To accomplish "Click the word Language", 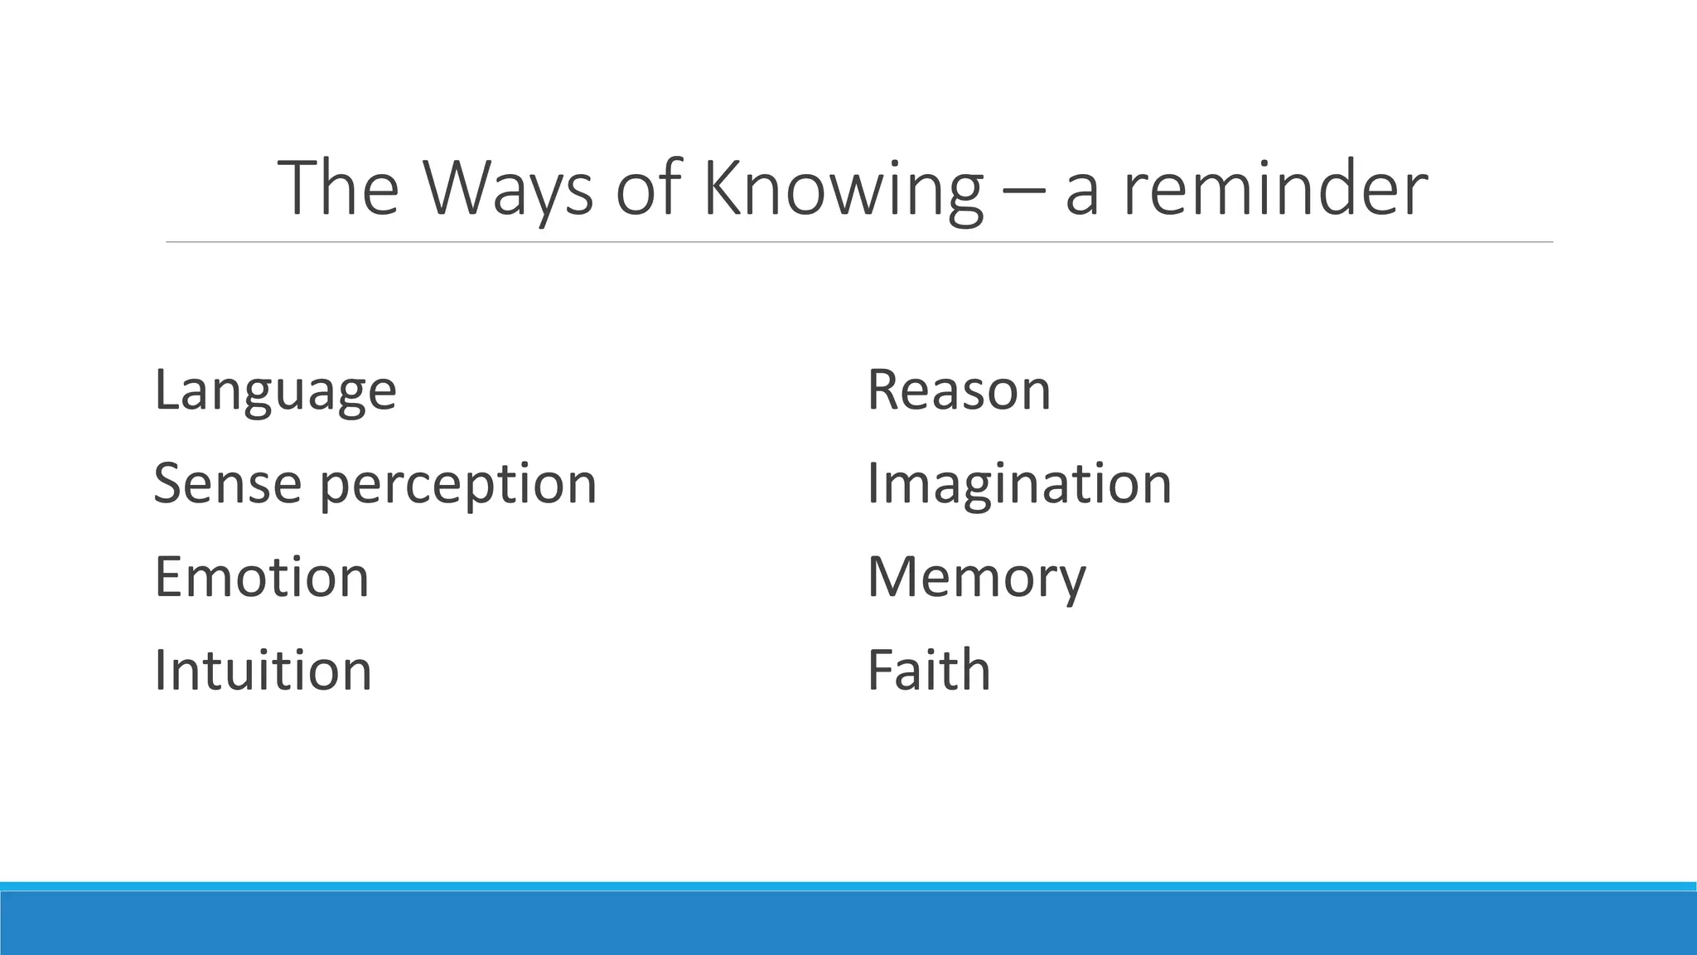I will click(x=275, y=390).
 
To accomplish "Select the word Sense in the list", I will click(x=227, y=483).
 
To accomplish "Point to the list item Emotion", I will click(x=261, y=577).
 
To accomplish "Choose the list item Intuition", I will click(x=263, y=670).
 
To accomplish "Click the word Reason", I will click(x=958, y=390).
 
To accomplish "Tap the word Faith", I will click(x=928, y=670).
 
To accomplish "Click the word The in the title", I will click(x=338, y=188).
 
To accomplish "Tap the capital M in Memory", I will click(x=894, y=577).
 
